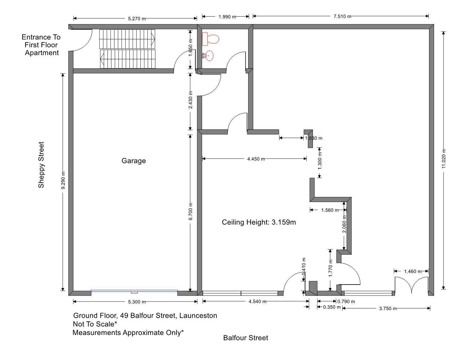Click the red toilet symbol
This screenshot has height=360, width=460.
210,39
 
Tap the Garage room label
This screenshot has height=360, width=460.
134,161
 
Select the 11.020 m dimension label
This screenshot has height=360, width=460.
444,159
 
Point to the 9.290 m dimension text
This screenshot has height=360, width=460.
63,180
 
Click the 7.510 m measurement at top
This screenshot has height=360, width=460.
342,16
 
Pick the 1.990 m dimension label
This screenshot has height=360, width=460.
227,17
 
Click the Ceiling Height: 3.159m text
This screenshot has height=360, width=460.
259,222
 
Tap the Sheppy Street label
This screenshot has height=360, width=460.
41,165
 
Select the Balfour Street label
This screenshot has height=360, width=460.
246,338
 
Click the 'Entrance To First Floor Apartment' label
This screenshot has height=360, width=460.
41,45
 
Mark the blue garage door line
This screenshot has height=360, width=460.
134,291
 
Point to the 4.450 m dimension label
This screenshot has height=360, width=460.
256,159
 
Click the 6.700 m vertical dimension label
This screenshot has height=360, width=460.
191,211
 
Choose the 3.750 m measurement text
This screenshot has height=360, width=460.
388,309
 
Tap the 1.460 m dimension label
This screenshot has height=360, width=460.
413,271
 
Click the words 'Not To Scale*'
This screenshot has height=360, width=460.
95,324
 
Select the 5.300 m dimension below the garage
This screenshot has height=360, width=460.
137,302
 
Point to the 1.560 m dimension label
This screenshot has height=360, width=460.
330,210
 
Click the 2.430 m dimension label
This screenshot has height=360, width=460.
191,100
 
